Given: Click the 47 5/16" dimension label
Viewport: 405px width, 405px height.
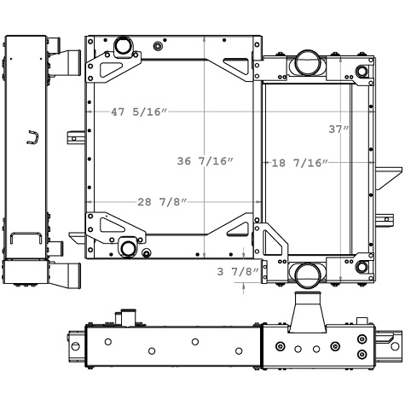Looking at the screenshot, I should (139, 112).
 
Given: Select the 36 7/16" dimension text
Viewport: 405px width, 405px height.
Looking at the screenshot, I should (205, 161).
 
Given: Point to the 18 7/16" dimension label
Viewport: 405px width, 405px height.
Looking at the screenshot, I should (299, 162).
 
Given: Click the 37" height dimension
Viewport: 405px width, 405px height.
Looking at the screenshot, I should (339, 129).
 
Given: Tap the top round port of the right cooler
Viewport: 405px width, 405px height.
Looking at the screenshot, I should (307, 61).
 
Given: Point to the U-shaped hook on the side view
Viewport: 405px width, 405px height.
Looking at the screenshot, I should (32, 136).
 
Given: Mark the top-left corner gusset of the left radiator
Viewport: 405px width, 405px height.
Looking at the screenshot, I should (112, 65).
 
